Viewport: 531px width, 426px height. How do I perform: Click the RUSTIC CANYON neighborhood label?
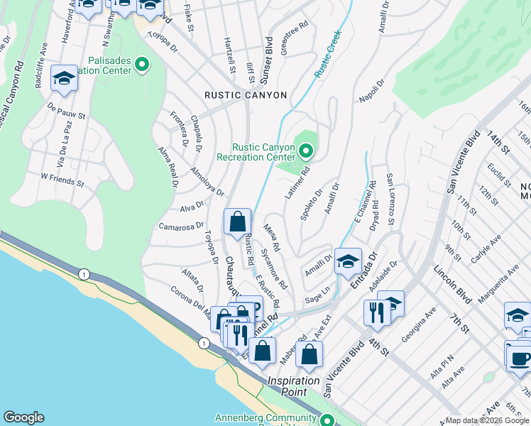pos(246,95)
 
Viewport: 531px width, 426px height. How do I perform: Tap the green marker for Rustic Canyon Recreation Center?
pos(306,151)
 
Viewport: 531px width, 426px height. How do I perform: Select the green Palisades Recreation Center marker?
pos(142,65)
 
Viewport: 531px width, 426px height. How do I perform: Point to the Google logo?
pos(23,417)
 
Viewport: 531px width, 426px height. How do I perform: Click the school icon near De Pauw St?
pos(64,79)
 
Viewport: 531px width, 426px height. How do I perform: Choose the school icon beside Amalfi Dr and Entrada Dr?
pos(348,261)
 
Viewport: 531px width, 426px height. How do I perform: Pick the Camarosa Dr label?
pos(181,226)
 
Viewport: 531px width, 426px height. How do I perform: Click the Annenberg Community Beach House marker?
pos(328,420)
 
